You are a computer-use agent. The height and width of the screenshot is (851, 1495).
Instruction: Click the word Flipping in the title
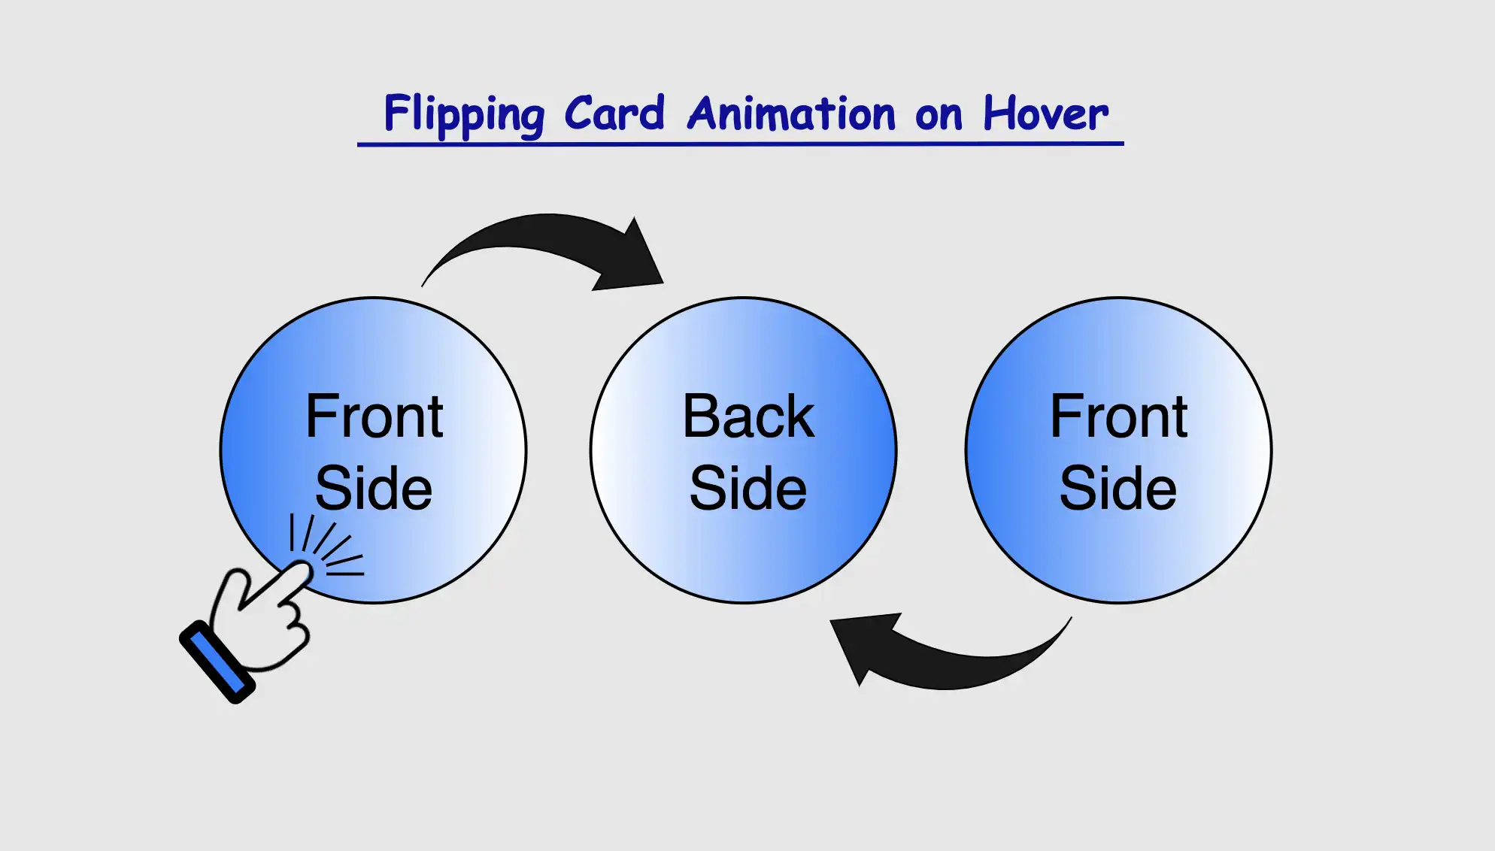(463, 114)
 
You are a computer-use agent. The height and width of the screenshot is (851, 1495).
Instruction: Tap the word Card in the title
(614, 114)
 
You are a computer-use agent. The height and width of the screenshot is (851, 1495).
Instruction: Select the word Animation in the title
(791, 114)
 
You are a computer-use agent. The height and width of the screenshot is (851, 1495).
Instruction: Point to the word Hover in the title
(1045, 114)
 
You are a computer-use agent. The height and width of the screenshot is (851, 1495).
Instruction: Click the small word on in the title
(939, 117)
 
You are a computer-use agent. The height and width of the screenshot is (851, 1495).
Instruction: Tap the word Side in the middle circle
(747, 488)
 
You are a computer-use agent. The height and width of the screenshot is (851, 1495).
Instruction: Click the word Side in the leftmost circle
(374, 488)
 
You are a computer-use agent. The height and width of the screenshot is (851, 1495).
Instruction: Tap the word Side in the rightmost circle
(1118, 488)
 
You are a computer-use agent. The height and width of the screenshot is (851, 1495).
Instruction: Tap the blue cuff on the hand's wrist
(217, 662)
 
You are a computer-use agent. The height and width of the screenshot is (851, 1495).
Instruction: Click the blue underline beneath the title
(740, 143)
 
